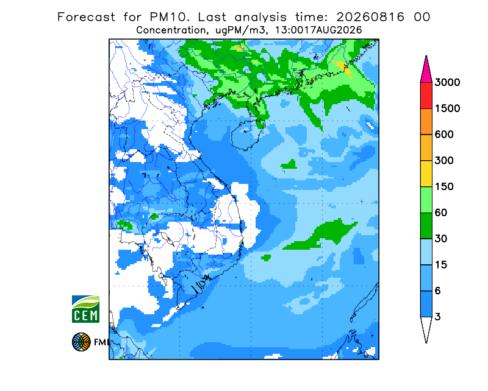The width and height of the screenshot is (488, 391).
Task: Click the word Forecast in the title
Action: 86,17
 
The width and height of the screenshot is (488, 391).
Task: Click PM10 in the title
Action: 170,17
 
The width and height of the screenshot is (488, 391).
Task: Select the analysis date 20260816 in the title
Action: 370,17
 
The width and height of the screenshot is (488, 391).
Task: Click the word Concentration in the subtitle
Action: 171,30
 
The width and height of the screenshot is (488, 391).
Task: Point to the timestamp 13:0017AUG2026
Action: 318,30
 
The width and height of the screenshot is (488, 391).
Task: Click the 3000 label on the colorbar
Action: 447,82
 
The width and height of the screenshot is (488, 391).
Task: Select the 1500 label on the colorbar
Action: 447,108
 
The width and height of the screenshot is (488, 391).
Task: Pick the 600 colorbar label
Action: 444,135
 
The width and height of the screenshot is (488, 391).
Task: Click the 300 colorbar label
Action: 444,161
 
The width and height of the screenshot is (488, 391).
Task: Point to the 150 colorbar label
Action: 444,187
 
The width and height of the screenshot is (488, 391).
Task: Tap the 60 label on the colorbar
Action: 441,213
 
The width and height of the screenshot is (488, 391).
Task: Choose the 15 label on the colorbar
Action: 441,265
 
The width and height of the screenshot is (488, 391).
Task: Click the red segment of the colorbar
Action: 426,96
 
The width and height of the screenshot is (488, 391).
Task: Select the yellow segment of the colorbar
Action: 426,174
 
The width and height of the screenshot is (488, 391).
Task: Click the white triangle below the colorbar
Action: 426,328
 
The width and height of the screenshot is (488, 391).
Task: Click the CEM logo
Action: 85,309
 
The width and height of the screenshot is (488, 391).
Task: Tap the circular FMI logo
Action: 81,342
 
